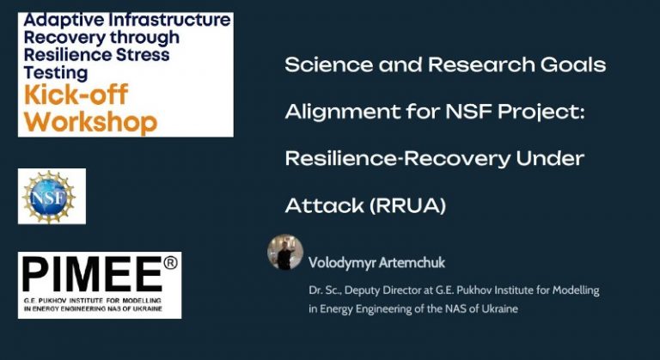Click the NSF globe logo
tap(49, 197)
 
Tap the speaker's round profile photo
tap(285, 252)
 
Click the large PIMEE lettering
tap(92, 274)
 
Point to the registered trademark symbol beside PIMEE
tap(170, 263)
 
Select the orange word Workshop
tap(90, 122)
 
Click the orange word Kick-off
tap(76, 95)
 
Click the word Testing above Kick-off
tap(56, 73)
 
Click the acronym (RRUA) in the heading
tap(407, 205)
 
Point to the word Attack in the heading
tap(324, 205)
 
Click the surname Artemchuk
tap(412, 262)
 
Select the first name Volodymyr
tap(342, 263)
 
